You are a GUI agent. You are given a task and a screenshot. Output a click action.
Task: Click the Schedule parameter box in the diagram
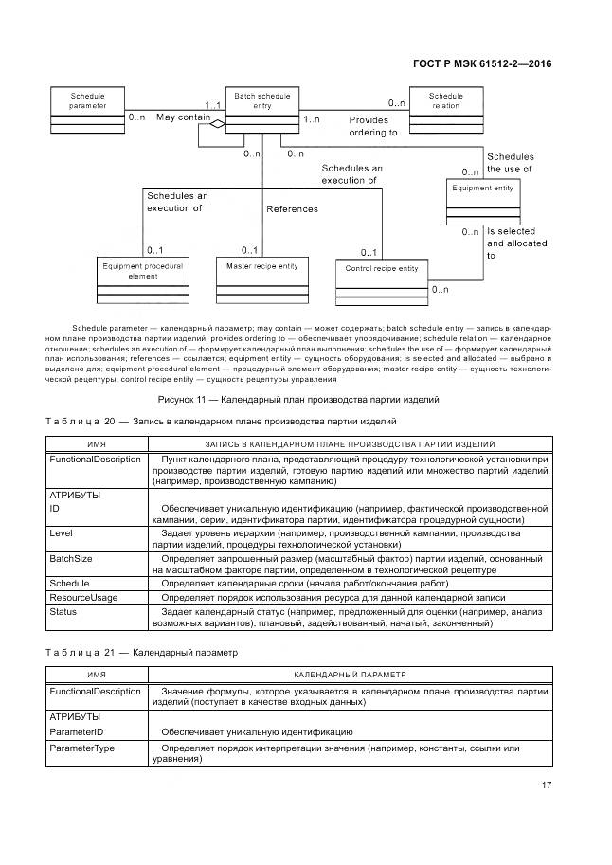[88, 110]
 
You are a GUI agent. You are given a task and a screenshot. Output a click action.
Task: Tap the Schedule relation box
[445, 110]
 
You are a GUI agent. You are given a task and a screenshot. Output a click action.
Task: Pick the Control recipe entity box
[382, 279]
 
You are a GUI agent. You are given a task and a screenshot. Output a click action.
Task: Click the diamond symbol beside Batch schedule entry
[218, 124]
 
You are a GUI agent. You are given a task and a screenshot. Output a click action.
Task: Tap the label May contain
[183, 117]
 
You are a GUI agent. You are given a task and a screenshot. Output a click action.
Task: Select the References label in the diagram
[292, 209]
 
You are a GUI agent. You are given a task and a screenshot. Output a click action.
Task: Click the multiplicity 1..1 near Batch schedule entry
[212, 104]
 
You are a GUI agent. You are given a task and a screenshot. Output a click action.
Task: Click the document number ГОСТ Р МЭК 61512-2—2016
[482, 63]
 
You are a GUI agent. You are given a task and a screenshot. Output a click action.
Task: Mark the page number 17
[547, 784]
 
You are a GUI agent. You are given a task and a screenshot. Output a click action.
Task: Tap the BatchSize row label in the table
[70, 560]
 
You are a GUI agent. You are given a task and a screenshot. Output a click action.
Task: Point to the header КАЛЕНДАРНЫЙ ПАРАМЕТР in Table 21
[350, 675]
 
